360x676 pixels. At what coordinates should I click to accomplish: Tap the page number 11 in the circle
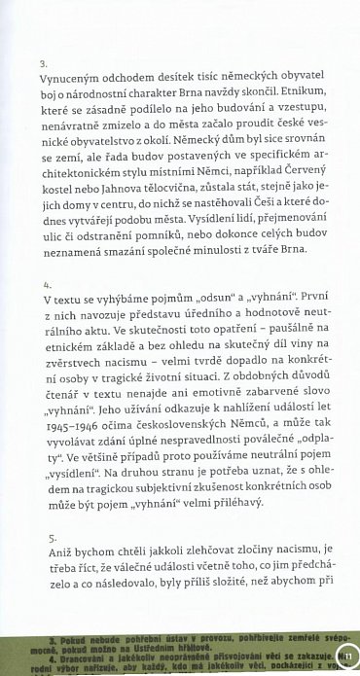coord(347,657)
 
